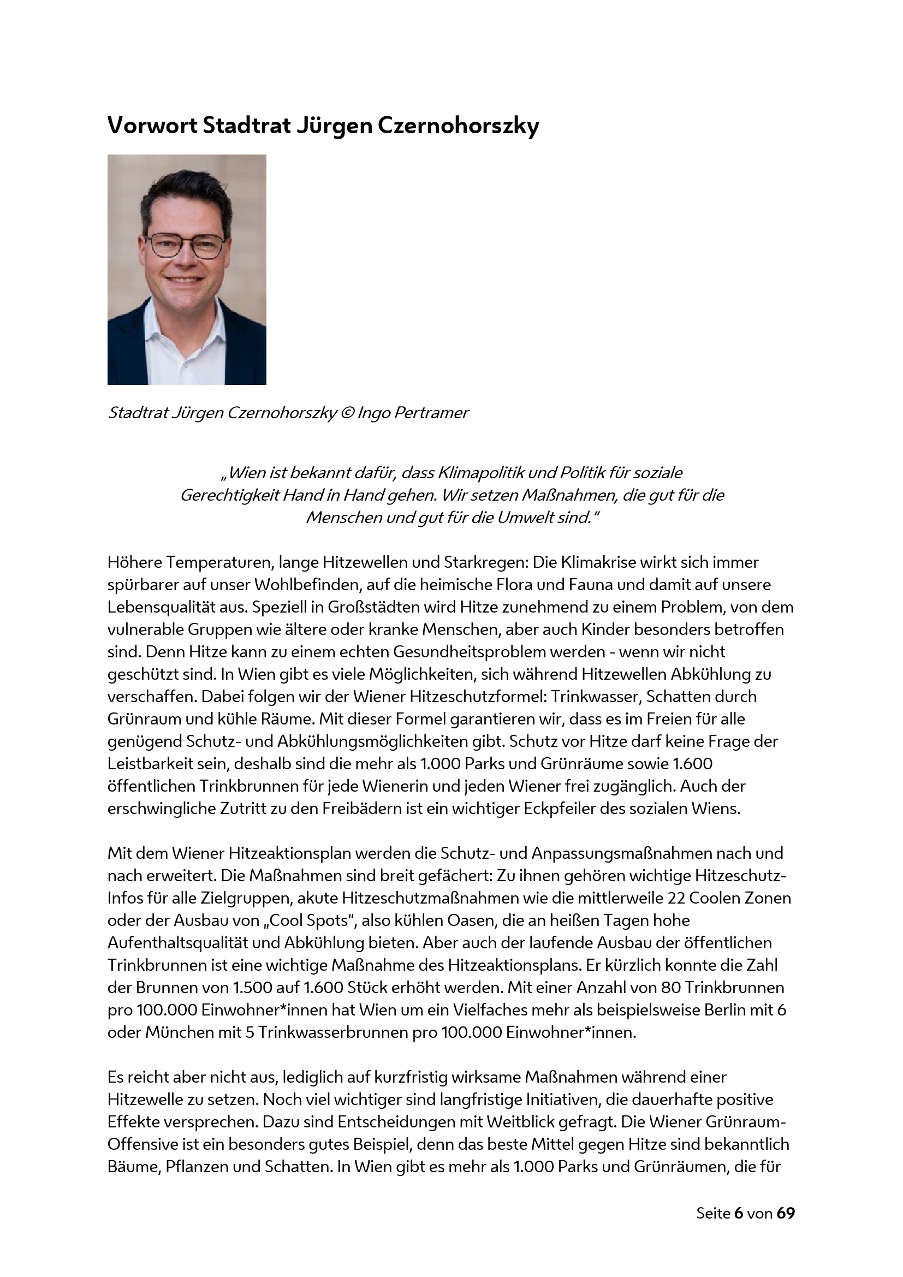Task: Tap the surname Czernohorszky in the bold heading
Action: pos(458,127)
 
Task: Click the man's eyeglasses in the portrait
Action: pos(185,245)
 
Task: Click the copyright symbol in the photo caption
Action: pos(347,413)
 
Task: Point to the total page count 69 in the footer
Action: pos(786,1213)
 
